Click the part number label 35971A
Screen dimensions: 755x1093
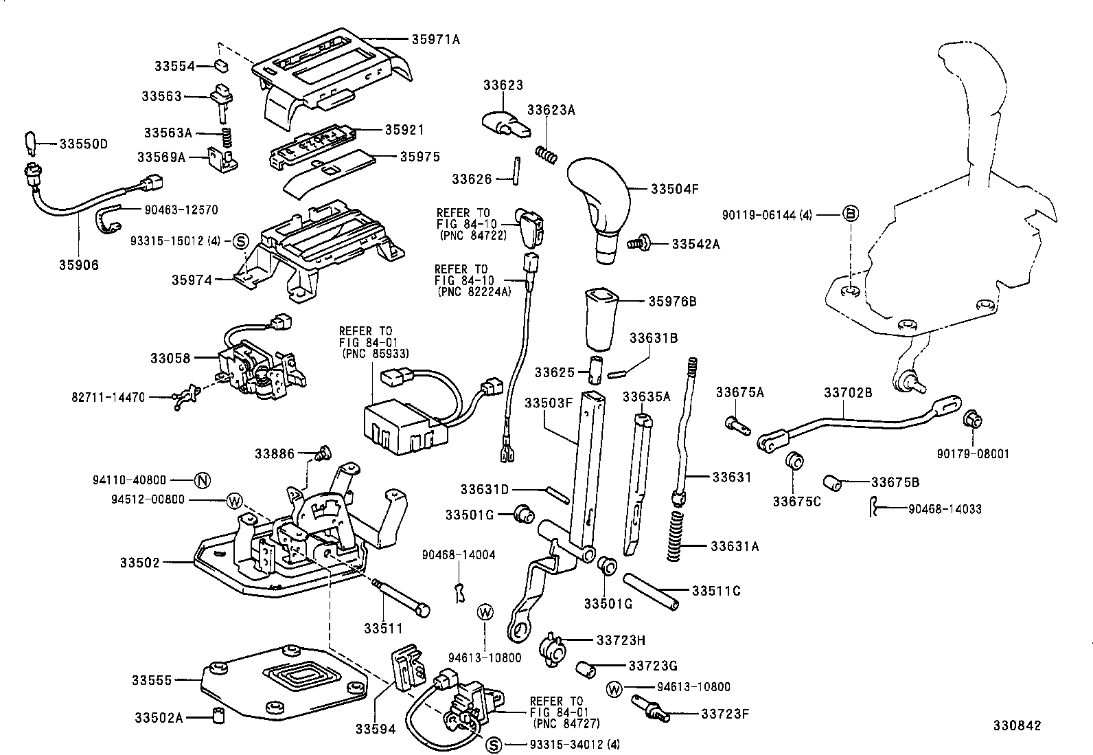pos(435,40)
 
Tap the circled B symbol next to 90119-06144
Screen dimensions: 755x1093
pos(851,215)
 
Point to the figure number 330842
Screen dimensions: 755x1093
pos(1016,725)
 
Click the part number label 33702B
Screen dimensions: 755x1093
pos(848,392)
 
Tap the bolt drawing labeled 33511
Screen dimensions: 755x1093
pos(401,596)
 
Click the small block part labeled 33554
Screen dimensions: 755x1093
pos(221,66)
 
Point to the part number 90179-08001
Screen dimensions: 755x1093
pos(973,454)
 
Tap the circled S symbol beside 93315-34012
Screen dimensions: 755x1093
pos(493,745)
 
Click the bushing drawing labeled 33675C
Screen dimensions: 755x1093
pos(795,460)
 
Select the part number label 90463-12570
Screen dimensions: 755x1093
pos(181,210)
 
